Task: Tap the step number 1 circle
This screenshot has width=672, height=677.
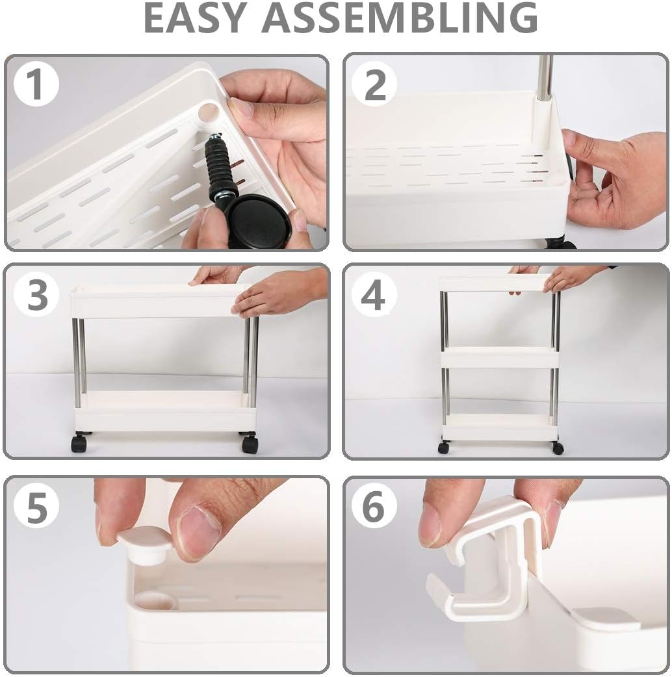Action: point(36,84)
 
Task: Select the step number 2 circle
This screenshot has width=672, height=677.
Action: point(374,84)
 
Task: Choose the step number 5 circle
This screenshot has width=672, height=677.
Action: point(36,507)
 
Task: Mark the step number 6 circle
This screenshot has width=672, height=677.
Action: point(374,507)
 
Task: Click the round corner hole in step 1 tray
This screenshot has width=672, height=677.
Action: point(208,112)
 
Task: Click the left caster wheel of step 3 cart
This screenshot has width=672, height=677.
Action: point(79,443)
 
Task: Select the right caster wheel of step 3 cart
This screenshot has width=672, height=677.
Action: point(250,444)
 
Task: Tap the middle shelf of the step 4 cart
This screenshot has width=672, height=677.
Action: point(499,357)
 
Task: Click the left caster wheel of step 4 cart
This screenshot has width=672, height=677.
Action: point(444,447)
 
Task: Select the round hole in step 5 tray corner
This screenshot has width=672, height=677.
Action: point(155,601)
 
